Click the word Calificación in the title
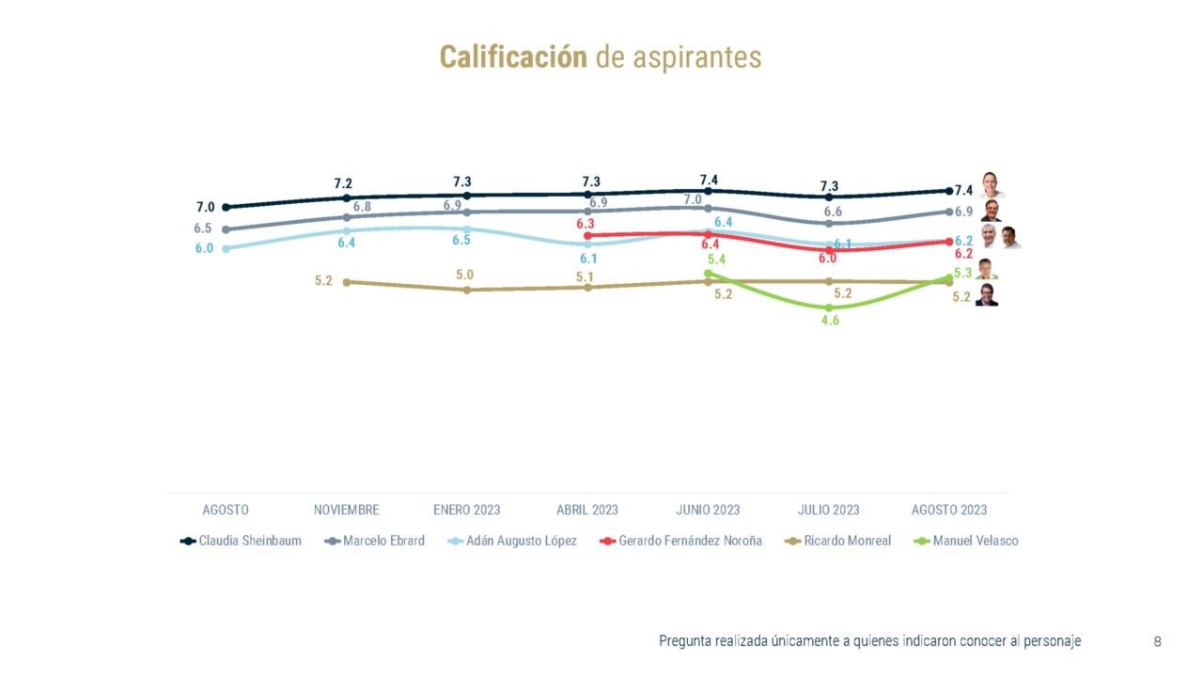(512, 57)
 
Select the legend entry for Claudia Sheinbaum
(242, 541)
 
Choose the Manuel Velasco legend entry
(967, 541)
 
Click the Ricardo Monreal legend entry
(838, 541)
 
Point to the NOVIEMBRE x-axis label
(347, 510)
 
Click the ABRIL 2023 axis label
(587, 510)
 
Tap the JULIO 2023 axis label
(828, 510)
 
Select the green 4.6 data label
(830, 321)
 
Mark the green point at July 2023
(828, 307)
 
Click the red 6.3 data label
(586, 224)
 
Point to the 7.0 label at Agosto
(205, 207)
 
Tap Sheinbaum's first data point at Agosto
(226, 207)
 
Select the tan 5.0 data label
(465, 276)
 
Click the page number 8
(1157, 642)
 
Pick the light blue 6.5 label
(461, 241)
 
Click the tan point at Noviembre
(347, 281)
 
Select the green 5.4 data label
(716, 260)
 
